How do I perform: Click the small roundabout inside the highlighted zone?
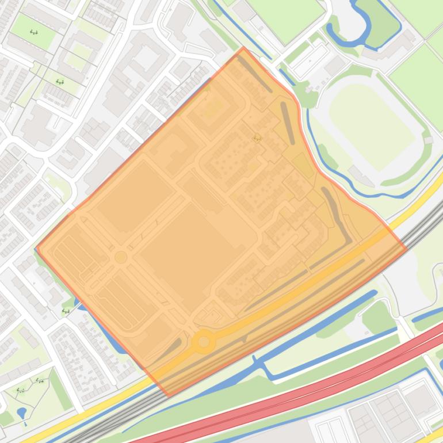point(121,257)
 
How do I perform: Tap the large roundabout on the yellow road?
point(203,342)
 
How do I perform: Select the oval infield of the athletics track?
point(372,126)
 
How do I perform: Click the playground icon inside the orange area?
point(257,138)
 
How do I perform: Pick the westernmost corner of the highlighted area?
point(36,249)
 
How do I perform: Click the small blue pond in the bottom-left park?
point(22,413)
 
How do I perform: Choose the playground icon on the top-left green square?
point(34,32)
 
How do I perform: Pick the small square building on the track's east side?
point(427,140)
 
